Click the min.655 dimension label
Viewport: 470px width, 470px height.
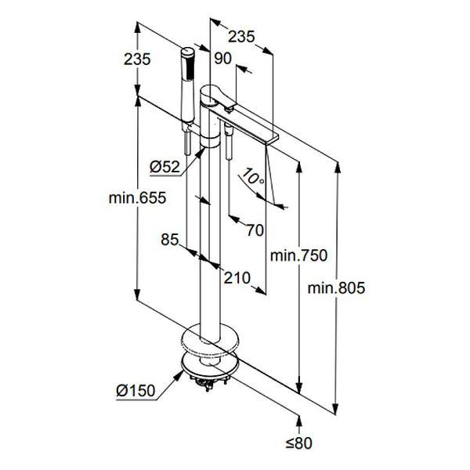coord(138,199)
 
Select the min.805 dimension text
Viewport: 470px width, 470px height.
coord(337,287)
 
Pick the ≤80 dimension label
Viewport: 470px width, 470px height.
coord(298,443)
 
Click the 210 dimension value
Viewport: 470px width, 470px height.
coord(236,277)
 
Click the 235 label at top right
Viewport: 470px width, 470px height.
coord(243,36)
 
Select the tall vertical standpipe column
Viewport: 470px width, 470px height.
coord(211,235)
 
